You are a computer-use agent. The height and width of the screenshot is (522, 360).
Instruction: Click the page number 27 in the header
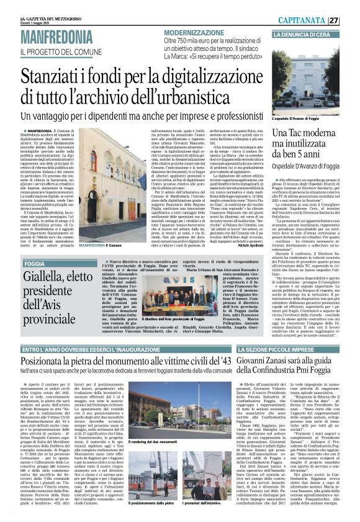tap(351, 20)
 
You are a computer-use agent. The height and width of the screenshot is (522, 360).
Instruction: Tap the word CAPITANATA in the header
tap(322, 20)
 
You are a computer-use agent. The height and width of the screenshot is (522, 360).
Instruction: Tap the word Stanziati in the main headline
tap(55, 79)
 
